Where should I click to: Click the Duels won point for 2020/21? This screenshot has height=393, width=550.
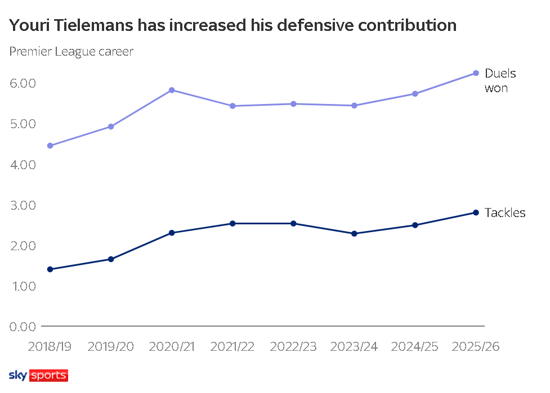[172, 90]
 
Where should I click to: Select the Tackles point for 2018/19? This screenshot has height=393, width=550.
[50, 269]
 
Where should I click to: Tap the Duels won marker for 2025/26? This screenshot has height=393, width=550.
[476, 73]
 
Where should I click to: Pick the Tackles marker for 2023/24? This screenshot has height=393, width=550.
[354, 233]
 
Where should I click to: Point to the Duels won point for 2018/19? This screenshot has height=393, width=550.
[50, 146]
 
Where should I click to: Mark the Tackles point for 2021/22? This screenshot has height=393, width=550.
[232, 223]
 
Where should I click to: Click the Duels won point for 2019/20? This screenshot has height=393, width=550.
[111, 127]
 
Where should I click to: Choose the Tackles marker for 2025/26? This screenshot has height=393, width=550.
[476, 213]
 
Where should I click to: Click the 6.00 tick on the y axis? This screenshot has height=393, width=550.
[23, 83]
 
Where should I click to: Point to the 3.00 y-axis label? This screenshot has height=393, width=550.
[23, 205]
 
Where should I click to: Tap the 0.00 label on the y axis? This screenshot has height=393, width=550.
[23, 327]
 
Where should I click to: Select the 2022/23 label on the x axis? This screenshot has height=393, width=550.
[293, 346]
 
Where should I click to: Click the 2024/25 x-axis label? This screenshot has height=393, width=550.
[414, 346]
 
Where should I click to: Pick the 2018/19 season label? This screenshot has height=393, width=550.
[50, 346]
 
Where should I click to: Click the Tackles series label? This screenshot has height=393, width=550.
[505, 213]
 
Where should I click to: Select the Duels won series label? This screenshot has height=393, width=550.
[500, 80]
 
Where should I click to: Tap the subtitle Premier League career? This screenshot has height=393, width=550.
[71, 52]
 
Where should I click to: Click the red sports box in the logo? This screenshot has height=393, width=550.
[48, 376]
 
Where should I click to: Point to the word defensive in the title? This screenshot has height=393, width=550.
[315, 25]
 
